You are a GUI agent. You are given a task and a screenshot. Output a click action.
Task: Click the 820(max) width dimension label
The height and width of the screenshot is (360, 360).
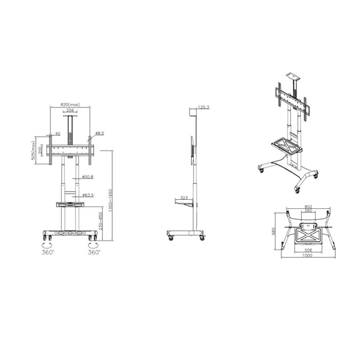[71, 104]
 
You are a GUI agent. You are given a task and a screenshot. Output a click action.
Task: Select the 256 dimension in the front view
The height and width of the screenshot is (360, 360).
[70, 110]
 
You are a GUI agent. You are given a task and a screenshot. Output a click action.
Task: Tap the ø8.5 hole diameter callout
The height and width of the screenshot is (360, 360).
[100, 133]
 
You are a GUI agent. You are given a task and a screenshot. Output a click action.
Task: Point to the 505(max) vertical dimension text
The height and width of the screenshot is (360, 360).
[34, 148]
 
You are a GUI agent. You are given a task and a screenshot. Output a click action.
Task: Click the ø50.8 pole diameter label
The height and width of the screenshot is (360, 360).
[87, 177]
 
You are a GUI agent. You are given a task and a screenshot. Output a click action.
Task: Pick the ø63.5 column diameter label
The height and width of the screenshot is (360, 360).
[87, 195]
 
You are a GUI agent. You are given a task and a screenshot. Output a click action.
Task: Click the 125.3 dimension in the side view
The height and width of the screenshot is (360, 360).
[203, 107]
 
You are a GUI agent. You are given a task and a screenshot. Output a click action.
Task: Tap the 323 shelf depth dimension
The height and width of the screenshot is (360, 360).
[184, 197]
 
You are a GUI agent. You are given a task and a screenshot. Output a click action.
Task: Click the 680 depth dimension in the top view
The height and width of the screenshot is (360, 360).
[275, 230]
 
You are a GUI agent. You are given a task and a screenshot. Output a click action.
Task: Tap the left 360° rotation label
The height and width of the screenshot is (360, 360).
[48, 253]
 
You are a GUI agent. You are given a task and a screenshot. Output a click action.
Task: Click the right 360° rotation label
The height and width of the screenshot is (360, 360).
[93, 253]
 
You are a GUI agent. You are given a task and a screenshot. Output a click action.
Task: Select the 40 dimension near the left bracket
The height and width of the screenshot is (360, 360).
[58, 134]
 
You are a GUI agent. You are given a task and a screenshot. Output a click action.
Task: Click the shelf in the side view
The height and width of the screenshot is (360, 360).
[185, 204]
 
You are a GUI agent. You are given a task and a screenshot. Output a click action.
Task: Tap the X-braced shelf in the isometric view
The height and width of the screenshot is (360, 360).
[286, 144]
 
